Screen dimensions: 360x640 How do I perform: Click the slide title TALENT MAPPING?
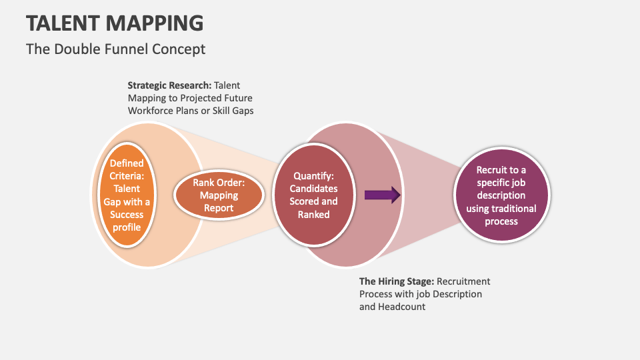pyautogui.click(x=115, y=23)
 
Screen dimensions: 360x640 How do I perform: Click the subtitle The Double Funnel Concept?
pyautogui.click(x=115, y=49)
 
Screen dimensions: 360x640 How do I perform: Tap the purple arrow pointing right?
pyautogui.click(x=382, y=195)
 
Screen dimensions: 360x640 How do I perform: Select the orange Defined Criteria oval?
pyautogui.click(x=126, y=195)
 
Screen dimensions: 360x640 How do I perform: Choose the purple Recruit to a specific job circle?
pyautogui.click(x=501, y=195)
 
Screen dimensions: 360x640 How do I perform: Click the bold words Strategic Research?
pyautogui.click(x=169, y=85)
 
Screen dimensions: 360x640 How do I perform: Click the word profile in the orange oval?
pyautogui.click(x=126, y=227)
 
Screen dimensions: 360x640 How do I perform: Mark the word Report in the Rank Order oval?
pyautogui.click(x=219, y=208)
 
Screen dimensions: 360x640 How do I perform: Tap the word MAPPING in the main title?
pyautogui.click(x=158, y=23)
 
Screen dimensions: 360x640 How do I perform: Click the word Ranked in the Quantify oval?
pyautogui.click(x=313, y=214)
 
